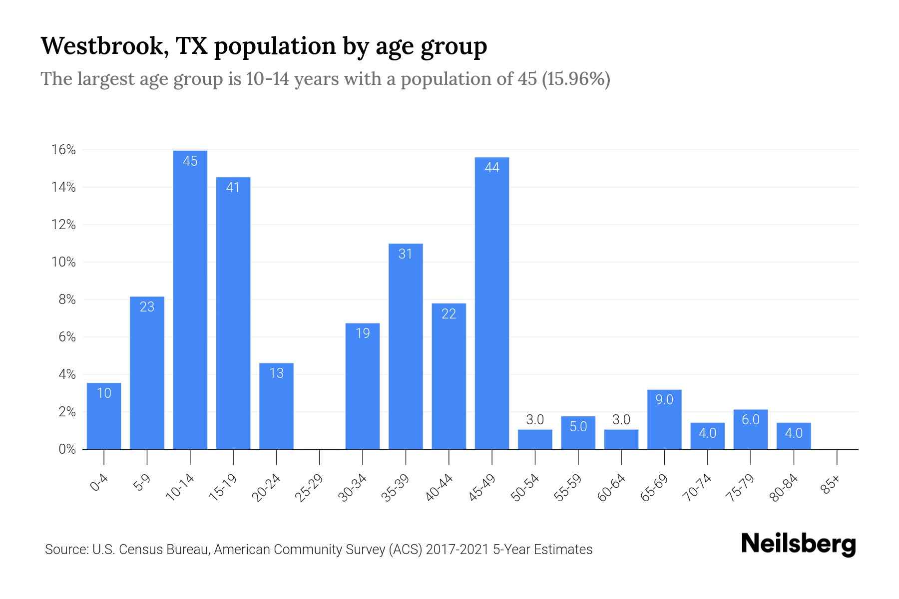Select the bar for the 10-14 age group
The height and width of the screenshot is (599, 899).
click(190, 299)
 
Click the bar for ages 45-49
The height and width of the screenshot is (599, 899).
click(492, 304)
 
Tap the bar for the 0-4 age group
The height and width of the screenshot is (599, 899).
click(104, 417)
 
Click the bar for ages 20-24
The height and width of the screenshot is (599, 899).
click(276, 407)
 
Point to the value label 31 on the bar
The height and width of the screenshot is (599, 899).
click(406, 254)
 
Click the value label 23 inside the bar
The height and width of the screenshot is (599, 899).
click(147, 307)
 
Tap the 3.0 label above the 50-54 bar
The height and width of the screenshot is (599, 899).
click(535, 420)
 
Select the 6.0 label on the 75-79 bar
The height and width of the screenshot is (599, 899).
click(750, 420)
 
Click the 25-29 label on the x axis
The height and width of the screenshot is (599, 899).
click(309, 488)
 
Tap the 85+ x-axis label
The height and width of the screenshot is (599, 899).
click(831, 485)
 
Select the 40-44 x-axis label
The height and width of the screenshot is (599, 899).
click(439, 488)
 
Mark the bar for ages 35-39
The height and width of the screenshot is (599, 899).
click(406, 349)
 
